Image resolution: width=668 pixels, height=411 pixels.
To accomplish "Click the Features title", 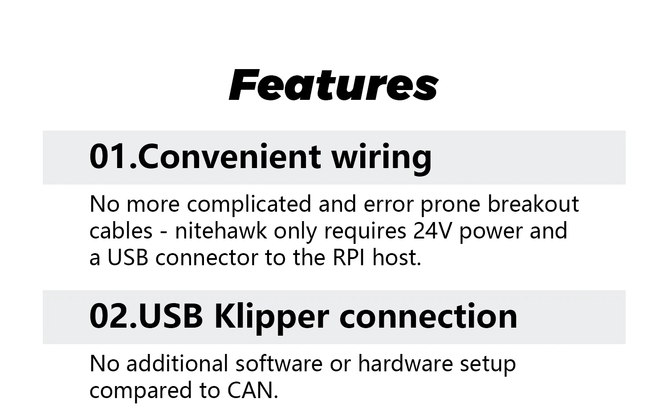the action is (x=334, y=85).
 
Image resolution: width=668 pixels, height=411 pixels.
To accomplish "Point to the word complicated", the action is (x=249, y=204).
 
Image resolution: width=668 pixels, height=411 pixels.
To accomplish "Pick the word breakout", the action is (x=533, y=204).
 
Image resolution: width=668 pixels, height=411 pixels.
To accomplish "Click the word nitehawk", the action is (x=221, y=231).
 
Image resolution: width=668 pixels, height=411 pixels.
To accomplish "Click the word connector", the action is (x=206, y=258).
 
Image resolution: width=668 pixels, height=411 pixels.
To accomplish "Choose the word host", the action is (x=397, y=258).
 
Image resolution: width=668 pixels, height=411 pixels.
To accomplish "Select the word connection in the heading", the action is (x=428, y=316).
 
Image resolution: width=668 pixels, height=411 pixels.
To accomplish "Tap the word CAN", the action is (x=252, y=390).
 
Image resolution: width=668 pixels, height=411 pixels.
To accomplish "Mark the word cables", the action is (x=121, y=231).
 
